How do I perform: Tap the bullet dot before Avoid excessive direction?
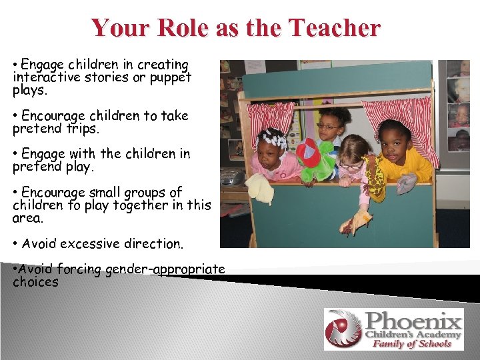tap(15, 244)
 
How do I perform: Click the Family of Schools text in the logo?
tap(411, 343)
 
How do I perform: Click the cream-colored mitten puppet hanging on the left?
tap(261, 189)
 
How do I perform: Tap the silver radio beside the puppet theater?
tap(231, 177)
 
